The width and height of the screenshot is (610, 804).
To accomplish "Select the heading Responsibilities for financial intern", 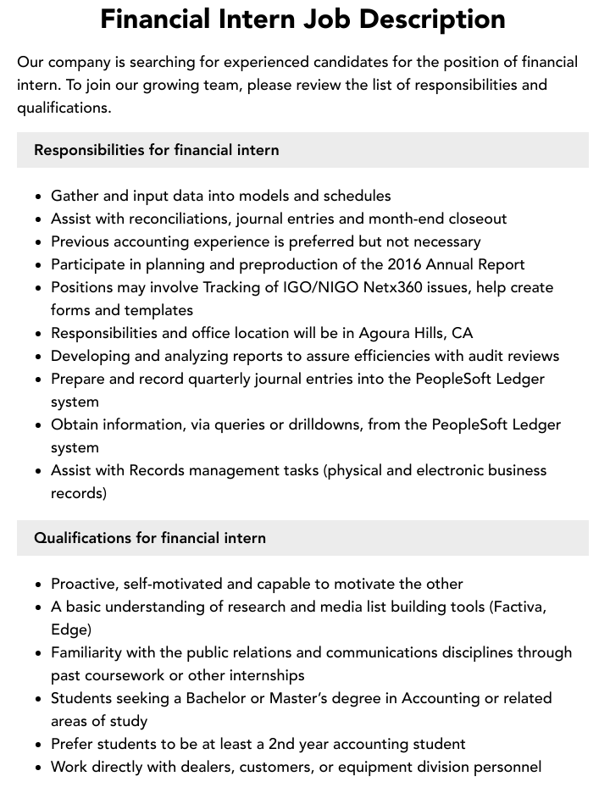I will [157, 150].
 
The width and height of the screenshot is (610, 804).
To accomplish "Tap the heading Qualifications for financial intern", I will [150, 538].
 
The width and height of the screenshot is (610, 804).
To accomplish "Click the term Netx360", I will [394, 287].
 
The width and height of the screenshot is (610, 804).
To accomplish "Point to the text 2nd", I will [283, 744].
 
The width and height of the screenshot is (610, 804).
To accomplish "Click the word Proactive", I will [84, 584].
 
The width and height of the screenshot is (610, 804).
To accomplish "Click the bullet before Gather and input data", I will [39, 197].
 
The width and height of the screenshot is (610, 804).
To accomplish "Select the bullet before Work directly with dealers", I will [39, 768].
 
